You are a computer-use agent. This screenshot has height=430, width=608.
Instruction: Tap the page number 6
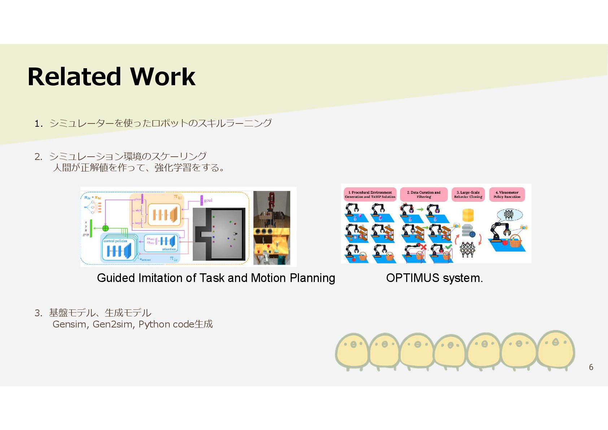point(591,367)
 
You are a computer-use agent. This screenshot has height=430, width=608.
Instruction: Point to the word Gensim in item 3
point(70,324)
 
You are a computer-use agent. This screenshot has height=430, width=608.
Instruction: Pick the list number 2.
point(38,157)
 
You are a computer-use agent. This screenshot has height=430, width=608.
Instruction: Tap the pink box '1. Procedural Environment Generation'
point(370,195)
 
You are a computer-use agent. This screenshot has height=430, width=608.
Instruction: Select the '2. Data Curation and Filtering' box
point(424,195)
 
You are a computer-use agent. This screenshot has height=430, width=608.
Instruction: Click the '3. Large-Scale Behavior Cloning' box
point(468,195)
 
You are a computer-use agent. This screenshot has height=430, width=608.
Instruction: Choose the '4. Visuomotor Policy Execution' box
point(507,195)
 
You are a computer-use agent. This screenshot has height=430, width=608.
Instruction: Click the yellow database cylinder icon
point(468,215)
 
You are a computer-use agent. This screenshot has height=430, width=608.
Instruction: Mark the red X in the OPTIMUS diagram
point(424,247)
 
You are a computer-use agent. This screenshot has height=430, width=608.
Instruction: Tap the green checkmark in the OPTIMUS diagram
point(448,247)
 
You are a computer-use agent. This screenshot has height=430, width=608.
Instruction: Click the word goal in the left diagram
point(208,200)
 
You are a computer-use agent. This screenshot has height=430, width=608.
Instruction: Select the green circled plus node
point(105,228)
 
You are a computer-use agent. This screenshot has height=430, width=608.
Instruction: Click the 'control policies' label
point(115,241)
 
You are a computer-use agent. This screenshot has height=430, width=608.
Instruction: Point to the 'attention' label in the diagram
point(169,249)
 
